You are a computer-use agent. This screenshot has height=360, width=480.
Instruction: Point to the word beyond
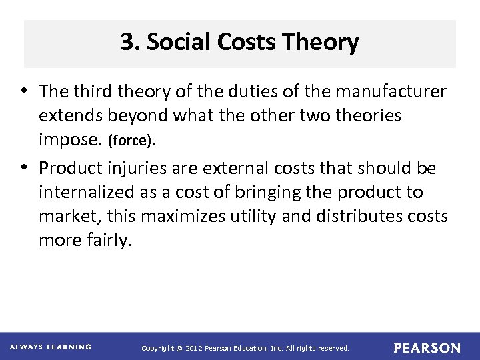pyautogui.click(x=138, y=115)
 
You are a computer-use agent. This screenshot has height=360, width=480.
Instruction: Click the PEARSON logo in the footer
pyautogui.click(x=427, y=348)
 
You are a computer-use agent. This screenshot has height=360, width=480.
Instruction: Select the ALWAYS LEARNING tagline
pyautogui.click(x=51, y=347)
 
